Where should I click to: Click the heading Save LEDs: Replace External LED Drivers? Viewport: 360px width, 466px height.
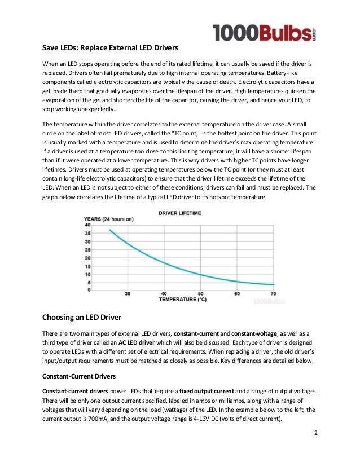coord(115,47)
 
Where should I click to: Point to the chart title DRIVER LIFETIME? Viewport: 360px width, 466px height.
coord(179,213)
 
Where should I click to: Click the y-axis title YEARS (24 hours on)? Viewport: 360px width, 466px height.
coord(108,218)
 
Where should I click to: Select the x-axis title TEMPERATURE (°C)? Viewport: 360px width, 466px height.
coord(183,299)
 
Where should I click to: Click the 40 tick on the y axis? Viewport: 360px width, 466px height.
coord(87,225)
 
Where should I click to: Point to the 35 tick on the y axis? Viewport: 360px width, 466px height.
coord(87,233)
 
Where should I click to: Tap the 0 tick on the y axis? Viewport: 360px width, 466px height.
coord(89,290)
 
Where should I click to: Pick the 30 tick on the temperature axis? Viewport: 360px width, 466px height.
coord(128,294)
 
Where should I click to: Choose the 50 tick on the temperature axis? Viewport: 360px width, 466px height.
coord(200,294)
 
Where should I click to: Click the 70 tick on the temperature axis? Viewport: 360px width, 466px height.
coord(273,294)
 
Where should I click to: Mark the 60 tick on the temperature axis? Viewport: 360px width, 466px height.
coord(237,294)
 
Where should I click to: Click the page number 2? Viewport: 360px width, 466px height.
coord(315,434)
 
